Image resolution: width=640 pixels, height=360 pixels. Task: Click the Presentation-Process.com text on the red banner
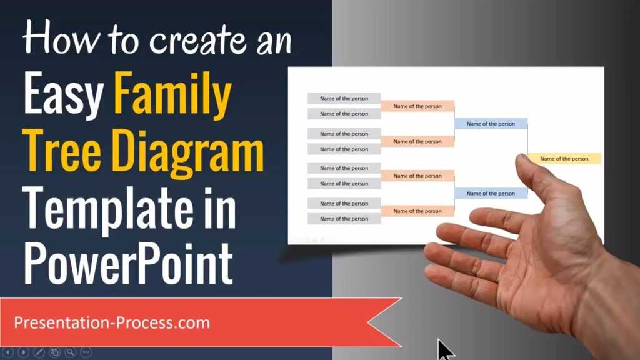(x=112, y=323)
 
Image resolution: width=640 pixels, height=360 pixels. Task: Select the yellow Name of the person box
(x=564, y=159)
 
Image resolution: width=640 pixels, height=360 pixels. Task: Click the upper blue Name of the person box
(x=491, y=124)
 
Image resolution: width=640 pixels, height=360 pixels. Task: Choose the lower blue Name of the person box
(x=491, y=194)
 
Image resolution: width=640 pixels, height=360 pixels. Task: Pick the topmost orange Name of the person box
(x=417, y=106)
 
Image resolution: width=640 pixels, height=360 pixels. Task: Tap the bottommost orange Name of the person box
(x=417, y=211)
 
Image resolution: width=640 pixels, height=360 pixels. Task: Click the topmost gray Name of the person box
(x=344, y=98)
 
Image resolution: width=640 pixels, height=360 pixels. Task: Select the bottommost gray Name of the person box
(x=344, y=219)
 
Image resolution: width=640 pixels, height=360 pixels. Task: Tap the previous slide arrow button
(x=8, y=352)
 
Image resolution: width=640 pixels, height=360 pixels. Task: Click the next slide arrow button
(x=24, y=352)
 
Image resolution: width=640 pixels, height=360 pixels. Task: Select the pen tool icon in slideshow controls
(x=39, y=352)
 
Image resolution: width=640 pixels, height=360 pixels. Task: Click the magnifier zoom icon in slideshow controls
(x=71, y=352)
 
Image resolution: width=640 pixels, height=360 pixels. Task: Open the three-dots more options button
(x=86, y=352)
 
